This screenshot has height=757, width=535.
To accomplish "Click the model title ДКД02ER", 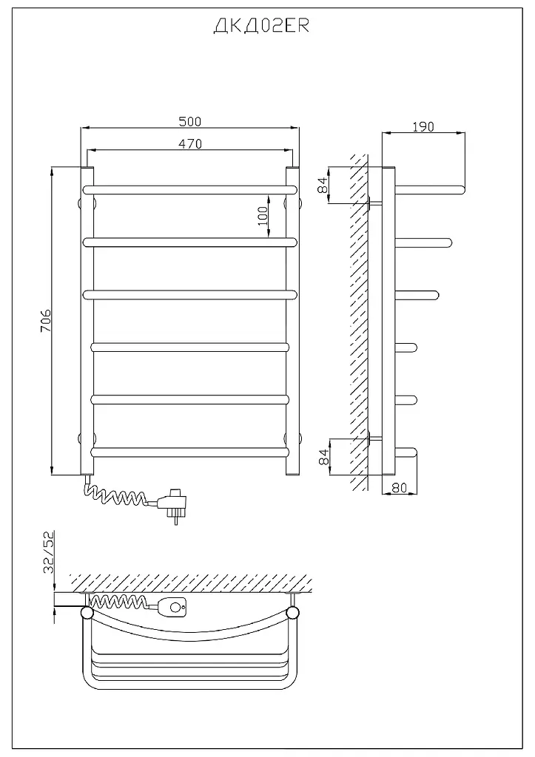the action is pos(261,26).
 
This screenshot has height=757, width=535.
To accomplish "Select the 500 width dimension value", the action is pos(190,121).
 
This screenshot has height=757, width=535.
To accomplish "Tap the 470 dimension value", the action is pos(190,143).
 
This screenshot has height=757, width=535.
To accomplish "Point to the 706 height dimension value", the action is pos(45,321).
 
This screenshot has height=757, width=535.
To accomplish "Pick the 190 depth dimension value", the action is pos(423,126).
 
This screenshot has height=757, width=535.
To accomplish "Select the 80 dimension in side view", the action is pos(399,488).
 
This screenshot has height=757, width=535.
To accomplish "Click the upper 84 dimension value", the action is pos(323,186).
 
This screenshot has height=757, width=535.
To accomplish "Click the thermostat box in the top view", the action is pos(173,607).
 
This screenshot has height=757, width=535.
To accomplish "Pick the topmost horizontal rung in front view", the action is pos(189,189).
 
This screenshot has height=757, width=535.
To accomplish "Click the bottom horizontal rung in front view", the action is pos(189,452).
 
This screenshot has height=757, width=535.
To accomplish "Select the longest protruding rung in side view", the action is pos(431,189).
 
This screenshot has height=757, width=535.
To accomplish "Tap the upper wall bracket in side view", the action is pos(375,203).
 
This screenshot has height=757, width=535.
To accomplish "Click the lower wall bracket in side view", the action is pos(375,438).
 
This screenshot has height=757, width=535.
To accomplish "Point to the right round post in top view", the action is pos(292,613).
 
